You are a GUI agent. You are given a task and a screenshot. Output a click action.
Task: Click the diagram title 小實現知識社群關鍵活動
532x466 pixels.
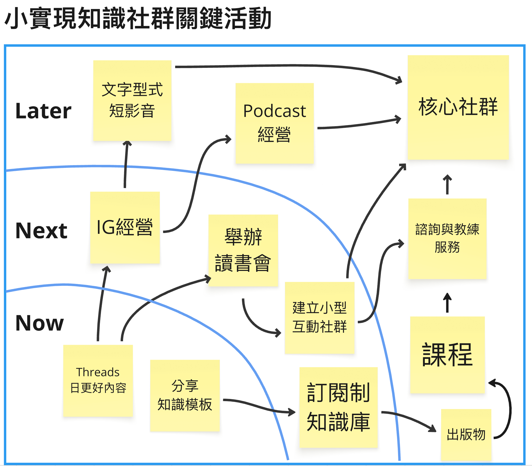pyautogui.click(x=138, y=19)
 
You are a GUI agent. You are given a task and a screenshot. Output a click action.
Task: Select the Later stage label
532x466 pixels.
pyautogui.click(x=43, y=111)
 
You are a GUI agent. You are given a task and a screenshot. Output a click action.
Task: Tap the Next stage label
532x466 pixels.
pyautogui.click(x=41, y=231)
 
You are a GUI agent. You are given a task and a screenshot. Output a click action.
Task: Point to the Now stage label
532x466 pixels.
pyautogui.click(x=40, y=323)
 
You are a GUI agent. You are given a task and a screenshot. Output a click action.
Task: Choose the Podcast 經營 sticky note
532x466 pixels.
pyautogui.click(x=274, y=123)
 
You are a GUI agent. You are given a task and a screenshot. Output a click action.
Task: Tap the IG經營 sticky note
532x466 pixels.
pyautogui.click(x=125, y=228)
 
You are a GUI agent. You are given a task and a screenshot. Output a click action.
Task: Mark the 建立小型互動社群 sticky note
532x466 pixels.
pyautogui.click(x=319, y=318)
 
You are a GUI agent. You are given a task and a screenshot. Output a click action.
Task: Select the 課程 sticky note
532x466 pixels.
pyautogui.click(x=447, y=355)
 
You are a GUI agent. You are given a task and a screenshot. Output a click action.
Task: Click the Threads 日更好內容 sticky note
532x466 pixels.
pyautogui.click(x=98, y=380)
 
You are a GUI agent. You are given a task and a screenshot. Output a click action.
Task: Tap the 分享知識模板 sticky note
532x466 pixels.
pyautogui.click(x=185, y=395)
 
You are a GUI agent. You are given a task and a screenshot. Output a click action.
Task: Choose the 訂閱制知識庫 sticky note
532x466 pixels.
pyautogui.click(x=338, y=407)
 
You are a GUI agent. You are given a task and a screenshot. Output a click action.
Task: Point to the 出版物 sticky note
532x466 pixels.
pyautogui.click(x=466, y=434)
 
